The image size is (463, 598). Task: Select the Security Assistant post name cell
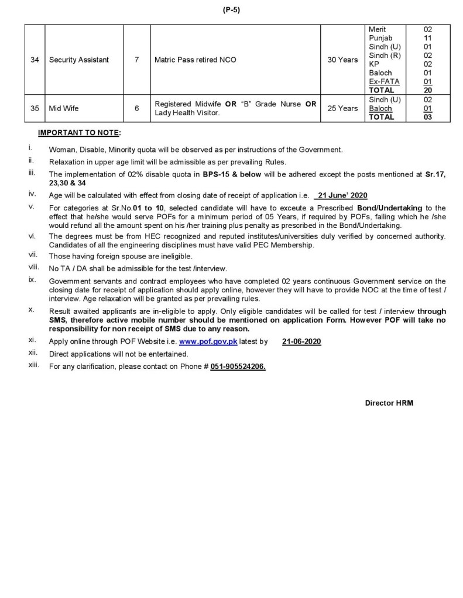(79, 60)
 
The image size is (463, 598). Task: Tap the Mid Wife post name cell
(64, 108)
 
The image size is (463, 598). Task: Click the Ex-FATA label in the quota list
(381, 81)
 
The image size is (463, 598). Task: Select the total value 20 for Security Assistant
(427, 90)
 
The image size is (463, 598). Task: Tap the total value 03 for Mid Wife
(427, 117)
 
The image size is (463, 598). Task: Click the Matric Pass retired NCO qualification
(196, 60)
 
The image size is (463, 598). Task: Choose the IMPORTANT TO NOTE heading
(79, 133)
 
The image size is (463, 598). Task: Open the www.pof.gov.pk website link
(208, 341)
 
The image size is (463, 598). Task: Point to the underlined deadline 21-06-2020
(301, 341)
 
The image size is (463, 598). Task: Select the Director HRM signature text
(389, 403)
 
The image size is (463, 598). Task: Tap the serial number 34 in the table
(35, 60)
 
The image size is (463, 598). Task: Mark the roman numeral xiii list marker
(33, 365)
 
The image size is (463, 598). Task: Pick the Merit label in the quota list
(378, 29)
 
